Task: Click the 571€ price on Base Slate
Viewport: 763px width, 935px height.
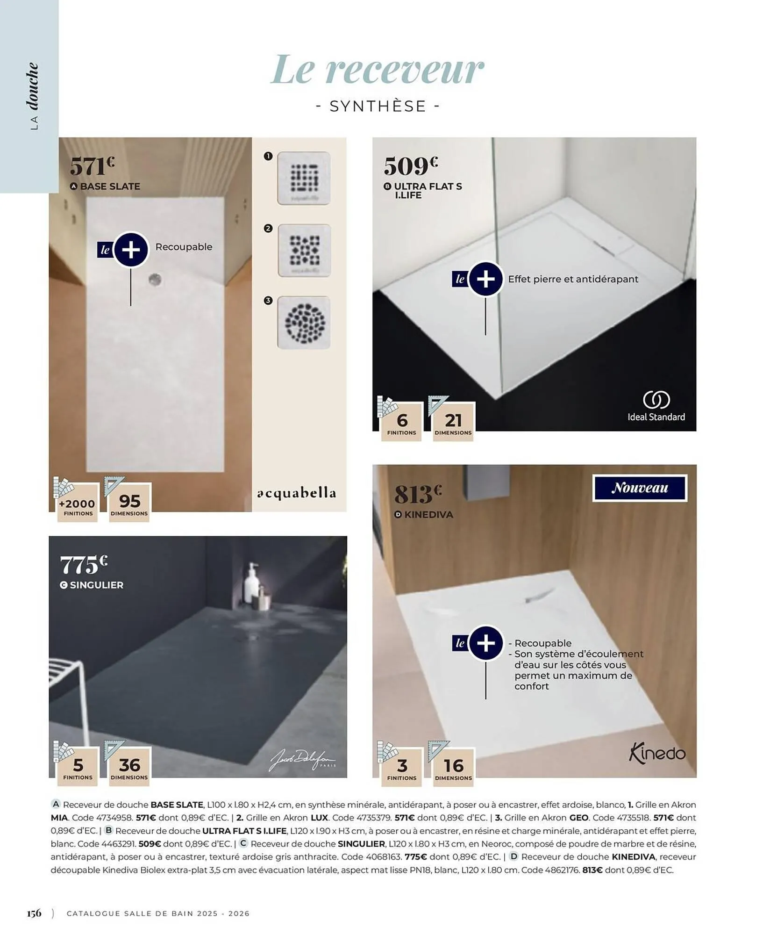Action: tap(92, 166)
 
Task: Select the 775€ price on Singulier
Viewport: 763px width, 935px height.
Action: tap(84, 565)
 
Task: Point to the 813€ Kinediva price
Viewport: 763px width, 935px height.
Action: tap(418, 494)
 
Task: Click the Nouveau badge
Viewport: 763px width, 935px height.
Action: tap(639, 488)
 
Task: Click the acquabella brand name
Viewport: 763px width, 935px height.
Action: tap(296, 493)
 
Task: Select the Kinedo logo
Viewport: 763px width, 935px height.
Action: tap(657, 753)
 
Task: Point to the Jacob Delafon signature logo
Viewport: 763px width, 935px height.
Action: tap(302, 762)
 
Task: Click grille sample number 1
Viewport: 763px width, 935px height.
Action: tap(304, 178)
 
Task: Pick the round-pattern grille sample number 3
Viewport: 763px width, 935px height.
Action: tap(304, 323)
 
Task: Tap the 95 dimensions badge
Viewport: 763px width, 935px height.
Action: tap(129, 503)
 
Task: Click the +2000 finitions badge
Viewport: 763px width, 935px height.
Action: tap(77, 506)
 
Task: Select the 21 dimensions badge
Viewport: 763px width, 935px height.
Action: tap(453, 422)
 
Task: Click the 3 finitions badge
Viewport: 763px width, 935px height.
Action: tap(402, 768)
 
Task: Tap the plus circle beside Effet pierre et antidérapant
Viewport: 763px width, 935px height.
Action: tap(485, 279)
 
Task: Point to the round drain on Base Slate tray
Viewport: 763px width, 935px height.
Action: tap(155, 280)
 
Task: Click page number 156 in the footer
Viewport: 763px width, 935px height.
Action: tap(34, 913)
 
